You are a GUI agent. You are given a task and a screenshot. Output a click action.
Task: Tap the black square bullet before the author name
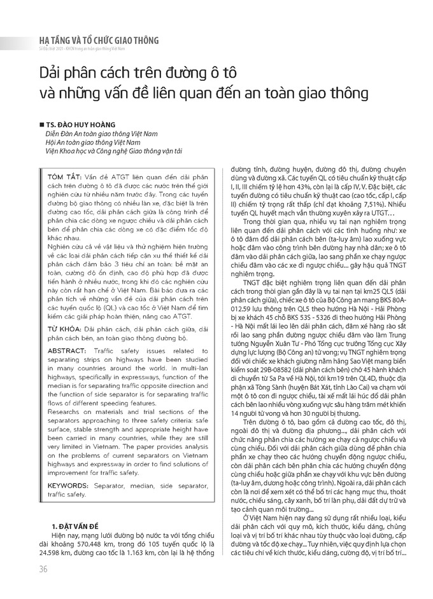click(x=41, y=125)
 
